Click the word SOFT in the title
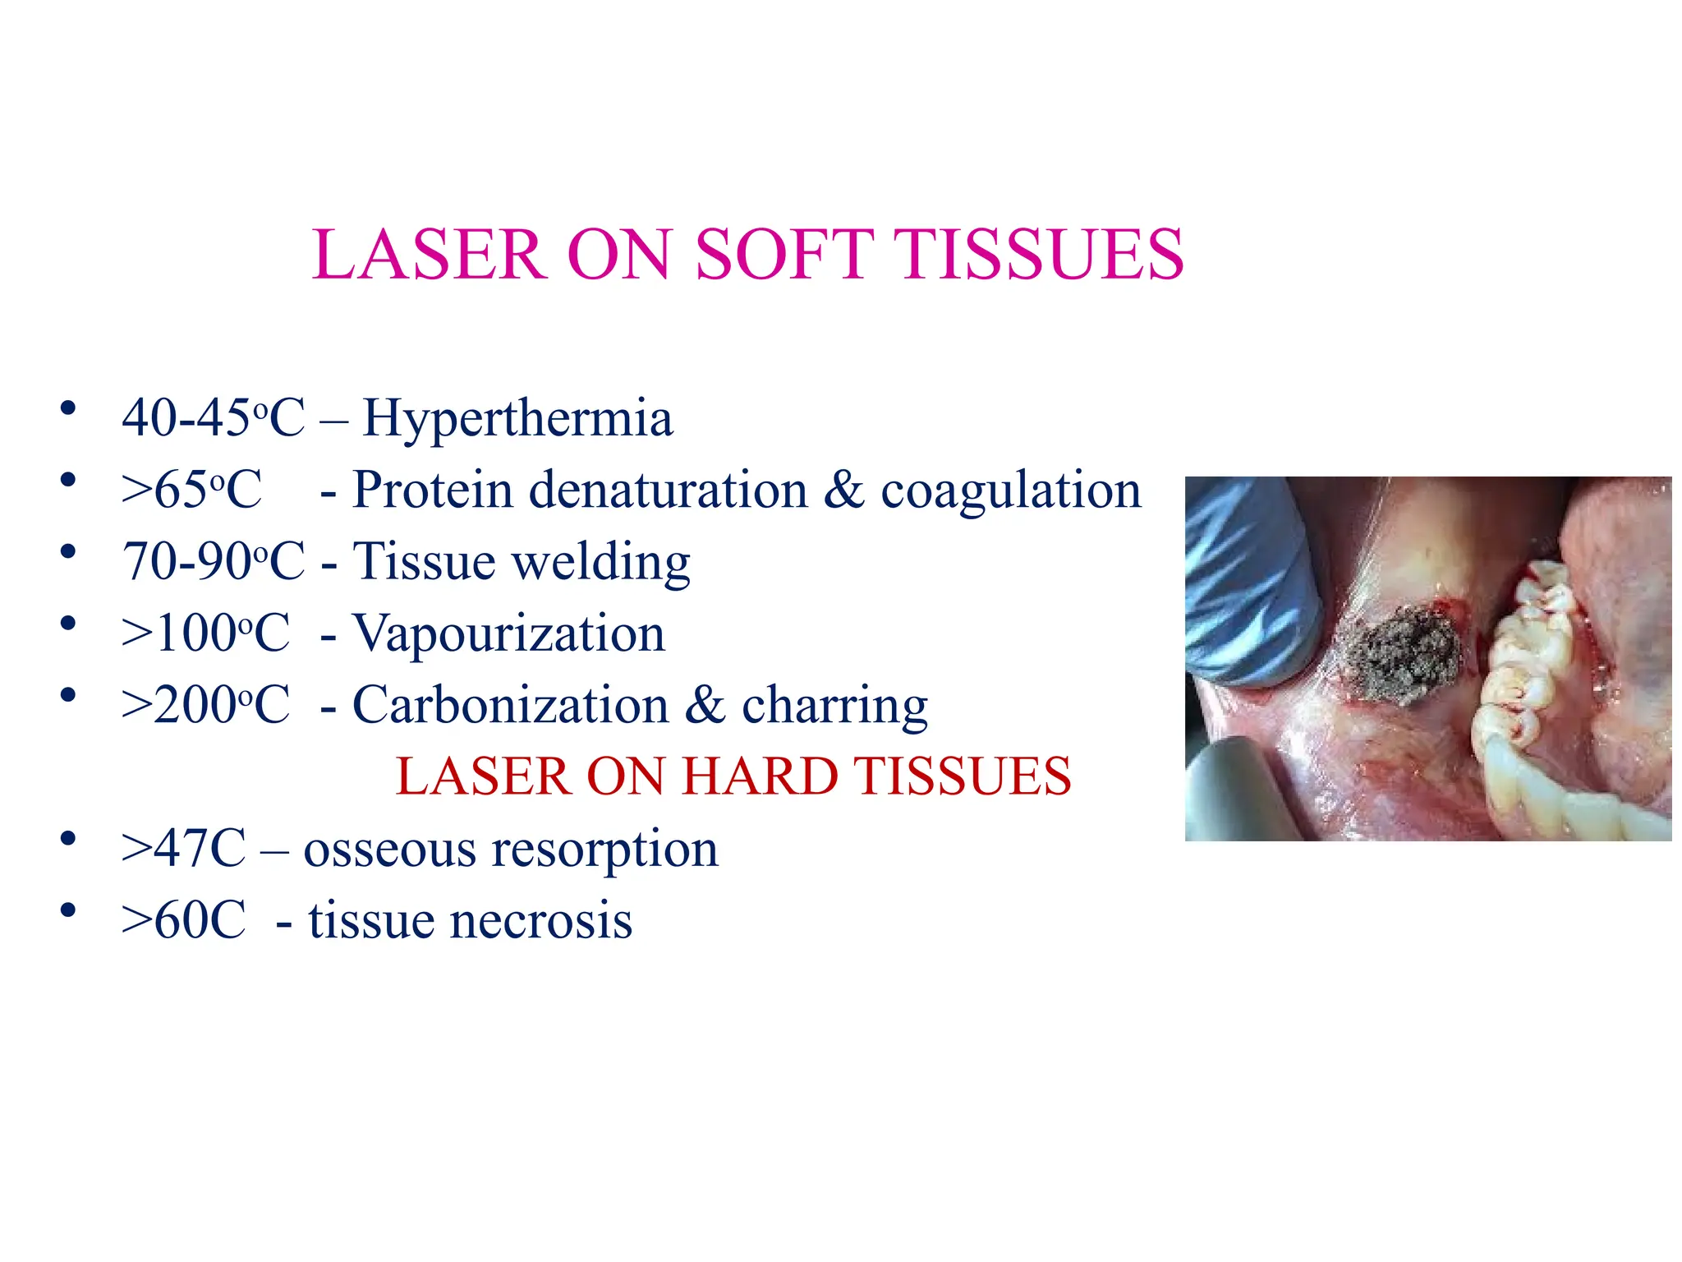[x=784, y=255]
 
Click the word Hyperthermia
[x=517, y=418]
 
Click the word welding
[x=600, y=563]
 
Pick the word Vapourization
[x=508, y=634]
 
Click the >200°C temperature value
[x=205, y=706]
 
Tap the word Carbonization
[x=510, y=706]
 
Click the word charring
[x=834, y=706]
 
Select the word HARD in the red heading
[x=760, y=776]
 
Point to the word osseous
[x=389, y=849]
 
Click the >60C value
[x=183, y=920]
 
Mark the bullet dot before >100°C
[x=68, y=623]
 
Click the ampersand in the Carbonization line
[x=705, y=706]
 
